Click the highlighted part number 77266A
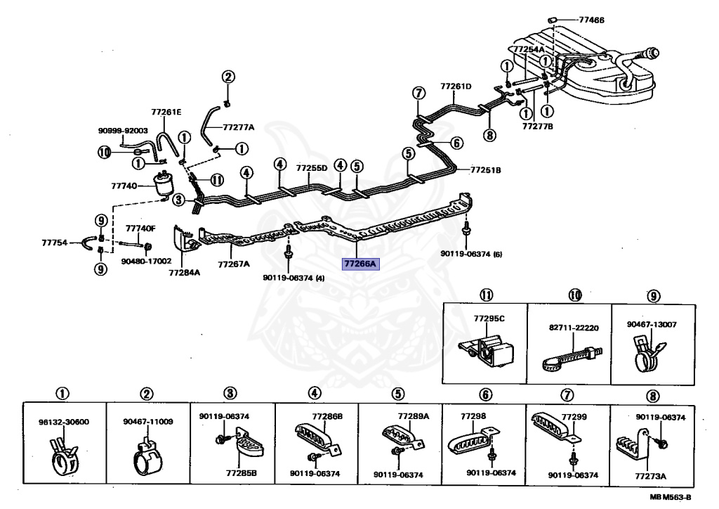[360, 264]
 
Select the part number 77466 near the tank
[591, 20]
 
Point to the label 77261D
[456, 86]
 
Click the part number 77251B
[486, 170]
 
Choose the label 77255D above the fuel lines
[312, 168]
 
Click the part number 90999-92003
[123, 130]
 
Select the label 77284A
[185, 272]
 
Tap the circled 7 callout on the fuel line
[418, 94]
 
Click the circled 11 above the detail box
[486, 295]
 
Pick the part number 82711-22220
[574, 328]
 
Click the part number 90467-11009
[148, 421]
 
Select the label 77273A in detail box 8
[650, 476]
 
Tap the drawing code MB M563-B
[670, 497]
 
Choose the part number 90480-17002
[146, 261]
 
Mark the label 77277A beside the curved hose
[239, 127]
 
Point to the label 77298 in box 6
[473, 415]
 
